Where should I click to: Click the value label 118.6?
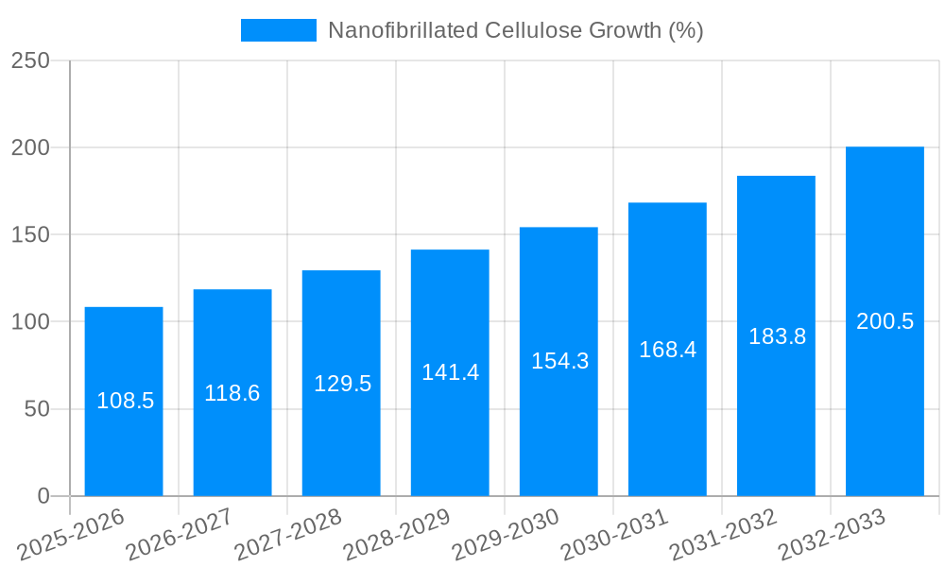click(232, 393)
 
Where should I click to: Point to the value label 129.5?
click(341, 384)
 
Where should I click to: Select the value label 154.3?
click(558, 361)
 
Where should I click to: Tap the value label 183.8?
click(777, 336)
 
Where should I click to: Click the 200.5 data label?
click(885, 321)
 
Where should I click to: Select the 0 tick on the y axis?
click(43, 496)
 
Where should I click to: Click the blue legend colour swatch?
click(279, 30)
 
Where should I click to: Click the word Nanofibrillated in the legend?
click(403, 30)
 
